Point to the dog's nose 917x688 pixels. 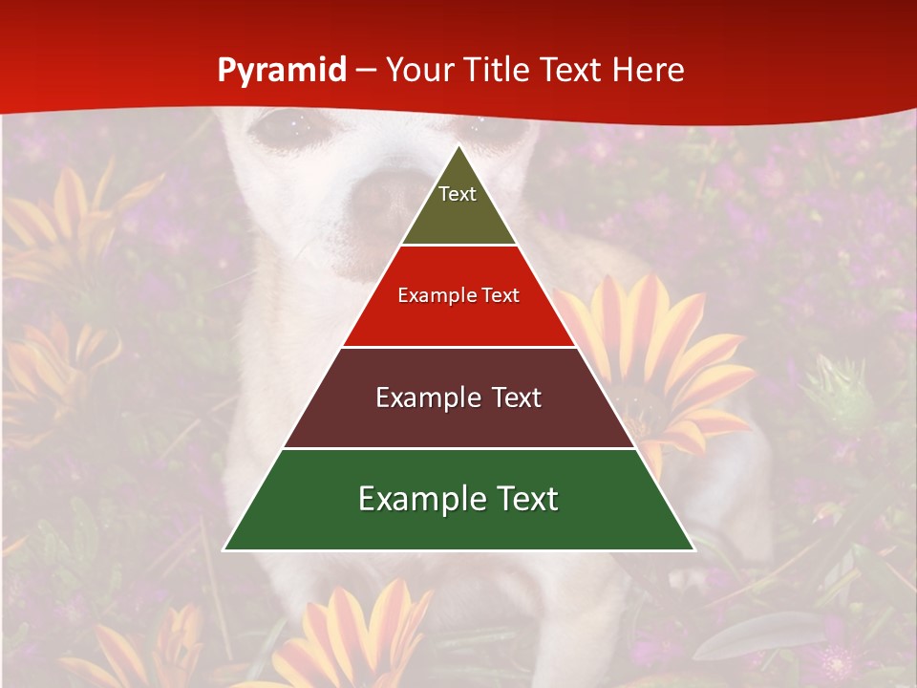tap(382, 196)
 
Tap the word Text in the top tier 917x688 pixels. tap(458, 194)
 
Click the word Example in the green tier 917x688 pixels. tap(413, 499)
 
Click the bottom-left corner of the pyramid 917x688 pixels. tap(224, 549)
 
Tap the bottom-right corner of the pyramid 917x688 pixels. tap(694, 549)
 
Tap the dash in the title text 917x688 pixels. tap(366, 71)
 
